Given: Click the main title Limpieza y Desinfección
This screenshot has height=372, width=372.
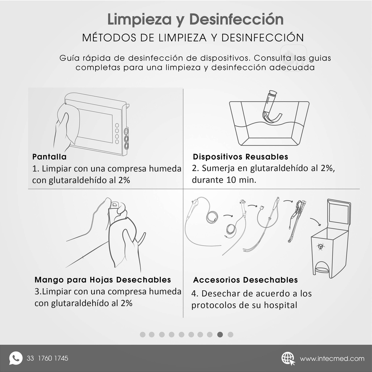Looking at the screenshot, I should [x=195, y=20].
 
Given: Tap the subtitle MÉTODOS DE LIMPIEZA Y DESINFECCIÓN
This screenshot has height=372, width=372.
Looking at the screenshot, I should [x=193, y=38].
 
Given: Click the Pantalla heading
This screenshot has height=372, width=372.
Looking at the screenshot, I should [x=49, y=157].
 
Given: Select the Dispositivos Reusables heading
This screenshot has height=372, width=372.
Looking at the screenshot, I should [x=240, y=157].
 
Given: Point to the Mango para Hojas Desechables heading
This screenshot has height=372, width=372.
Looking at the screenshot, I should [x=103, y=280].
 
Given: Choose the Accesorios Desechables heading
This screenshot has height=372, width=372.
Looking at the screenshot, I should [x=245, y=280].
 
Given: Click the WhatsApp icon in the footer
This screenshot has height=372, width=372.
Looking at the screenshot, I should [x=16, y=358].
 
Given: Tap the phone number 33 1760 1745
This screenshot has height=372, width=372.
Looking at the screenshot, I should [x=47, y=359].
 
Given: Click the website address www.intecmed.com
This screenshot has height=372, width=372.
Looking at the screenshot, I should [x=332, y=359].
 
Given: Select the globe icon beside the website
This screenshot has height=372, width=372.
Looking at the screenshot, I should [x=288, y=358].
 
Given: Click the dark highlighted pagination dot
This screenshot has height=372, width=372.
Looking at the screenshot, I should [x=220, y=335].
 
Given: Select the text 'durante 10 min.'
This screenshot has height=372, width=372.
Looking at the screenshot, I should [x=224, y=180].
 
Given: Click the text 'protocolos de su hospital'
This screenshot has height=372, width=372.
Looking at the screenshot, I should [x=244, y=305].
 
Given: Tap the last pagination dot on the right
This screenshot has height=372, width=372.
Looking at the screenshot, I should [x=230, y=335].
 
